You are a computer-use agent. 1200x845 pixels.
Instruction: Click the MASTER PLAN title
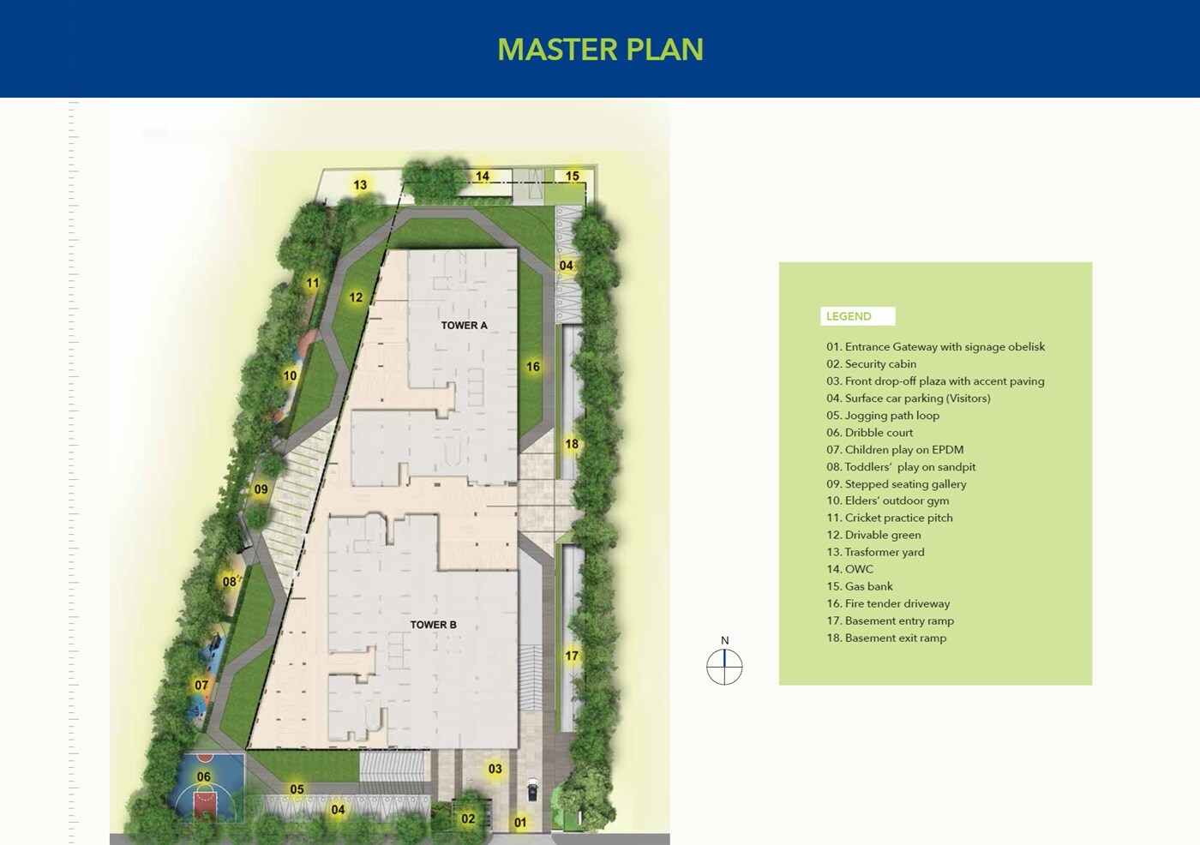coord(600,50)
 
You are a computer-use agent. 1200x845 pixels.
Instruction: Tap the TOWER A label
coord(464,326)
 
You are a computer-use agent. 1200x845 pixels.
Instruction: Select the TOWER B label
coord(433,625)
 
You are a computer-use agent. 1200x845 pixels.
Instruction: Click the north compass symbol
coord(724,667)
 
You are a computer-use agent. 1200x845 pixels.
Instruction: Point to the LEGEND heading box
coord(857,316)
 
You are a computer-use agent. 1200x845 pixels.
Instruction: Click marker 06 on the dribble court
coord(203,777)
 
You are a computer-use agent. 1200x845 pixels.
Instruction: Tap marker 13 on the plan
coord(360,185)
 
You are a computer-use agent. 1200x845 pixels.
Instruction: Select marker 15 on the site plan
coord(572,177)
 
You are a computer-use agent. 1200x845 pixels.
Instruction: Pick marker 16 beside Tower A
coord(533,367)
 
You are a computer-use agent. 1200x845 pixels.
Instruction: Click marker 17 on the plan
coord(572,656)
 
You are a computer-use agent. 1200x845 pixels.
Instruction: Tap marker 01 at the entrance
coord(520,823)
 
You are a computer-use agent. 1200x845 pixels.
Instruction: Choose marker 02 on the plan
coord(468,819)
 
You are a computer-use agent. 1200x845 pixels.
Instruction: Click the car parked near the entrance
coord(532,789)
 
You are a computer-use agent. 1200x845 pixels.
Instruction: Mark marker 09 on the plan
coord(261,490)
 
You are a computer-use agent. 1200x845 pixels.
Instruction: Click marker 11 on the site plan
coord(313,284)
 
